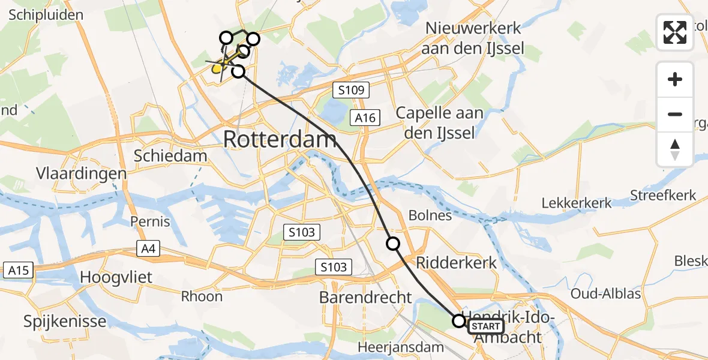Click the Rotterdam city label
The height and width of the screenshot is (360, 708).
pyautogui.click(x=280, y=140)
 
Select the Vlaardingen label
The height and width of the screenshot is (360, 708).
pyautogui.click(x=82, y=174)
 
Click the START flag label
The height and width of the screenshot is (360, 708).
pyautogui.click(x=485, y=326)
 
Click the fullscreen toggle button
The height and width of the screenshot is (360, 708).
pyautogui.click(x=675, y=32)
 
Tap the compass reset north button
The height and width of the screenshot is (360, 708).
pyautogui.click(x=675, y=149)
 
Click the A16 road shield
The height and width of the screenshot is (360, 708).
pyautogui.click(x=365, y=118)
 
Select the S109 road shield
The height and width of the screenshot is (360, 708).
pyautogui.click(x=351, y=91)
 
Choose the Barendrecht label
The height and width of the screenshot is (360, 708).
pyautogui.click(x=365, y=297)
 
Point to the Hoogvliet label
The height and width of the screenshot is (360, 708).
pyautogui.click(x=116, y=278)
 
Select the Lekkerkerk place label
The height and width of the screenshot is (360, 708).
pyautogui.click(x=577, y=203)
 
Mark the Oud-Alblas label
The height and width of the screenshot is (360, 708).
pyautogui.click(x=605, y=294)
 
